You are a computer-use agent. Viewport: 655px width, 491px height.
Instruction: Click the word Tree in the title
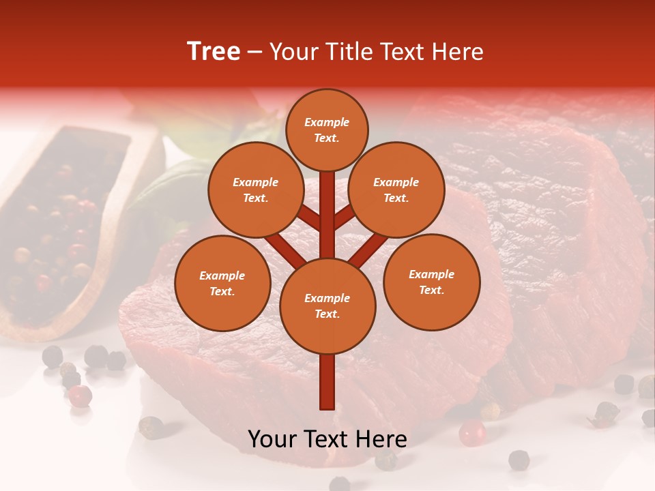tap(214, 52)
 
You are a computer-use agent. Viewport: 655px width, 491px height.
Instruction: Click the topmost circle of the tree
tap(327, 130)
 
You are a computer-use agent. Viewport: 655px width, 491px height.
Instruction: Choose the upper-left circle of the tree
tap(256, 190)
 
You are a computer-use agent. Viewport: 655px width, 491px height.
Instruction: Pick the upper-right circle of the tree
tap(396, 190)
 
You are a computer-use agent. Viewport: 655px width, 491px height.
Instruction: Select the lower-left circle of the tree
tap(222, 283)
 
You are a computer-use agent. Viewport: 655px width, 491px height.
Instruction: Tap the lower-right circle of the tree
tap(431, 282)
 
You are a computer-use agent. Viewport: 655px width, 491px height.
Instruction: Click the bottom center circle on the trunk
tap(327, 306)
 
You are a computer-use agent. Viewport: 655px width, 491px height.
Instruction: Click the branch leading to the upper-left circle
tap(308, 219)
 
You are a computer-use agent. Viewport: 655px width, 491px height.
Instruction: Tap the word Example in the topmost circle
tap(327, 122)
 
